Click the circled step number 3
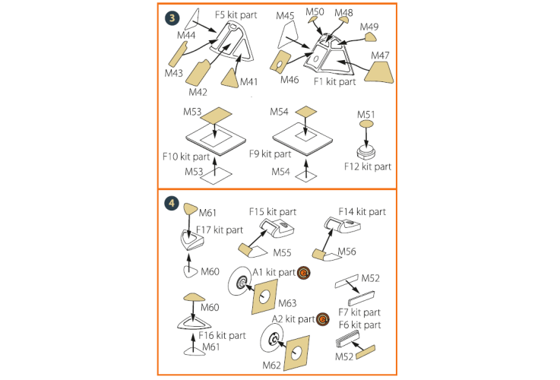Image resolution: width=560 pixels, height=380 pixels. [x=172, y=17]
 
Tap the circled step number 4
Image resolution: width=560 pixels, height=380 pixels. [x=172, y=203]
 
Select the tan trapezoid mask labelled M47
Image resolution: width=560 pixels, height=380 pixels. [x=379, y=72]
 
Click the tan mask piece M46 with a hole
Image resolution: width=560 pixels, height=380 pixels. [x=280, y=61]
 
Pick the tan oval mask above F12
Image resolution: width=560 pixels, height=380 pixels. [x=366, y=124]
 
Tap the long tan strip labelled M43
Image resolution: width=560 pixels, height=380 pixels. [x=178, y=54]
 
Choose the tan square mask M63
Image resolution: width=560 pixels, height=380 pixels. [x=265, y=296]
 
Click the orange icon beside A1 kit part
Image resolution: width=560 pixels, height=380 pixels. [x=304, y=273]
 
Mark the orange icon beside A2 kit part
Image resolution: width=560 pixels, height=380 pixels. [x=322, y=319]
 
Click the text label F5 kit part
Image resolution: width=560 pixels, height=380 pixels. [x=236, y=15]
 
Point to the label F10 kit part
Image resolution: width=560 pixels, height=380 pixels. [x=185, y=157]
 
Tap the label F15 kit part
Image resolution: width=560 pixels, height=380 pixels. [x=273, y=212]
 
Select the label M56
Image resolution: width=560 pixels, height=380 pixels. [x=346, y=252]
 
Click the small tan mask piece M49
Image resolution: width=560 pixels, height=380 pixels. [x=370, y=36]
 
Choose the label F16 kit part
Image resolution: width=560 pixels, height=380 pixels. [x=222, y=335]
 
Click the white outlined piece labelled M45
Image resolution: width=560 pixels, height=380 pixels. [x=288, y=35]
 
